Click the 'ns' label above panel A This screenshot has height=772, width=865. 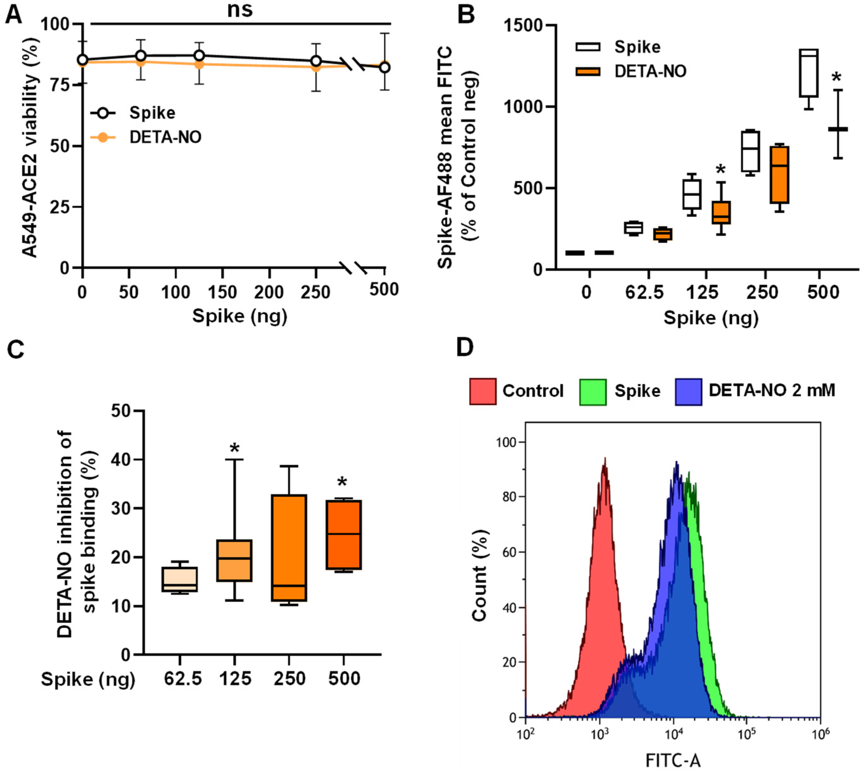coord(240,9)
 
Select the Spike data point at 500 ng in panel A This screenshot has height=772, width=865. coord(384,67)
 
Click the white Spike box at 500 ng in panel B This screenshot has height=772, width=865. coord(809,73)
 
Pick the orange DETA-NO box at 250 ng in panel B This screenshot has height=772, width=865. coord(780,175)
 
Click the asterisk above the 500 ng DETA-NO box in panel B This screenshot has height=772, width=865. coord(836,78)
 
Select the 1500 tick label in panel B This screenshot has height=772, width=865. coord(523,25)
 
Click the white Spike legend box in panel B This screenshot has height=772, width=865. coord(588,47)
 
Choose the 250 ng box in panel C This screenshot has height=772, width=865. coord(289,548)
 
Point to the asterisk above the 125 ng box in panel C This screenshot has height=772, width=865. coord(234,449)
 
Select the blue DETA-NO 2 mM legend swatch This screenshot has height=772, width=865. coord(688,391)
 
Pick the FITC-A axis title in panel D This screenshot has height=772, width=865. coord(673,759)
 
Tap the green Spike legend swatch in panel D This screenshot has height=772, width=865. coord(593,391)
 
